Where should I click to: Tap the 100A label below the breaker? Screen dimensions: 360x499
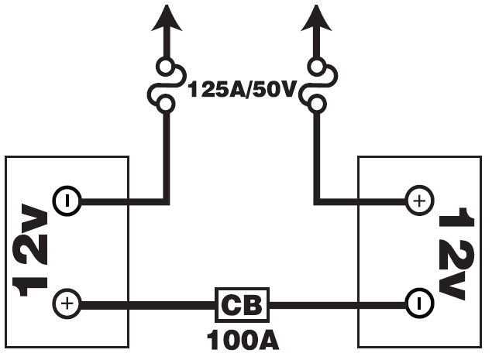pyautogui.click(x=242, y=338)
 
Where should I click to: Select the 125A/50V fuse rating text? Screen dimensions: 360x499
pyautogui.click(x=242, y=90)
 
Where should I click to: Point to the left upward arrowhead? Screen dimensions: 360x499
pyautogui.click(x=164, y=15)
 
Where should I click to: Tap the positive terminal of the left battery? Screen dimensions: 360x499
pyautogui.click(x=67, y=303)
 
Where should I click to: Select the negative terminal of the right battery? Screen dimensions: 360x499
pyautogui.click(x=419, y=303)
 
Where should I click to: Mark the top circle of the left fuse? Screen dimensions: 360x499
pyautogui.click(x=165, y=67)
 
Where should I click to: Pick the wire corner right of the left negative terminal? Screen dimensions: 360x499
pyautogui.click(x=165, y=202)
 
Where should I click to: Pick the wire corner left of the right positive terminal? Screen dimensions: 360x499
pyautogui.click(x=315, y=202)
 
